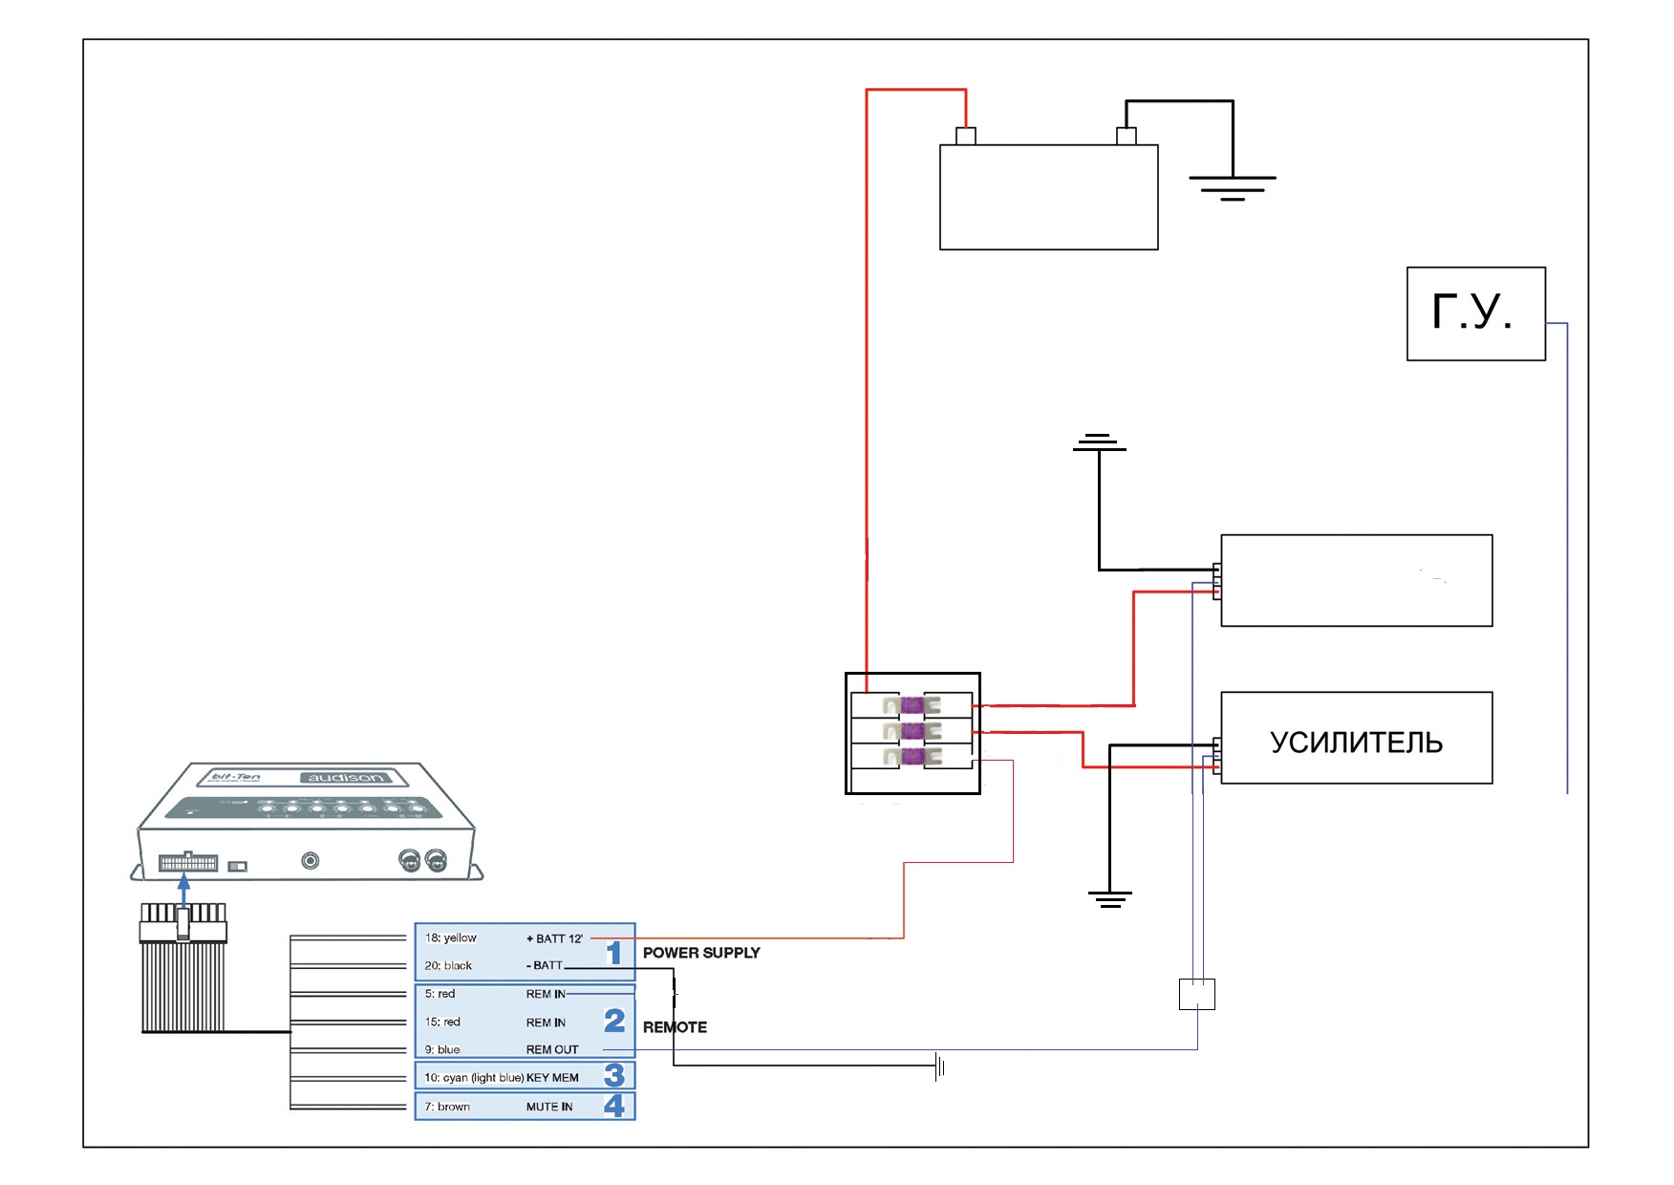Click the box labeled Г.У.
[1475, 313]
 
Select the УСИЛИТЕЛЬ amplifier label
[1356, 743]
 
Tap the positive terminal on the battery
[966, 136]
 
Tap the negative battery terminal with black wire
[1127, 136]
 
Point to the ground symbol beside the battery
[1233, 187]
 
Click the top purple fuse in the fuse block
[912, 706]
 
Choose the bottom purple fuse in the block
[912, 758]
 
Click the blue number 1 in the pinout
[614, 953]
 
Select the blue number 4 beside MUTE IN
[614, 1106]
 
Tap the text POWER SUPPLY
[701, 953]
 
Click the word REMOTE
[675, 1027]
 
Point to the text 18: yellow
[451, 937]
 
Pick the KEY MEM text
[552, 1078]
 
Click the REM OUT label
[552, 1049]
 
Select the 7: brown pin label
[447, 1107]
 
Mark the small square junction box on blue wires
[1197, 994]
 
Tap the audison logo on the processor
[345, 778]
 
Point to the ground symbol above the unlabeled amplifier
[1099, 443]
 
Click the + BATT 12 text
[554, 938]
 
